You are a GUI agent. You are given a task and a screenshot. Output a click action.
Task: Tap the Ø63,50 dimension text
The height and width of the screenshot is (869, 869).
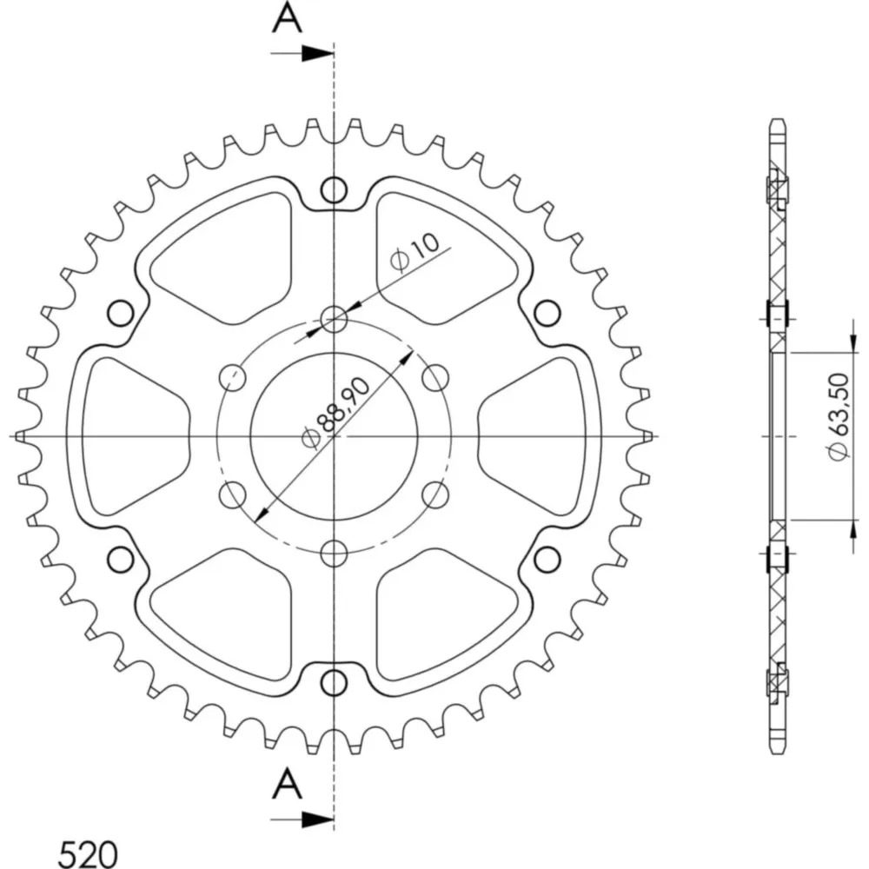tap(839, 416)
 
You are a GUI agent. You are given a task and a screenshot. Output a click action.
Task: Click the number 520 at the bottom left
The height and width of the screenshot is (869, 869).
tap(88, 854)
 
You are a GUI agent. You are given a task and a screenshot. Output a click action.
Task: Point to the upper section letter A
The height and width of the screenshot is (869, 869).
tap(287, 17)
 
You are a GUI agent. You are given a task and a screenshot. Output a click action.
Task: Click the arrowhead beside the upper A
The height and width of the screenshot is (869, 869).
tap(318, 53)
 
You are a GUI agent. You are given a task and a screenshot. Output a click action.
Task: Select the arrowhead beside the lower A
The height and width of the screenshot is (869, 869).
tap(318, 819)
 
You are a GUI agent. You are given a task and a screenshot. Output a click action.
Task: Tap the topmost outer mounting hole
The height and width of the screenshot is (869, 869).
tap(335, 190)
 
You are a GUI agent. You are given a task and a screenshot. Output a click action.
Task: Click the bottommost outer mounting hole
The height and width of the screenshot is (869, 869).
tap(335, 683)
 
